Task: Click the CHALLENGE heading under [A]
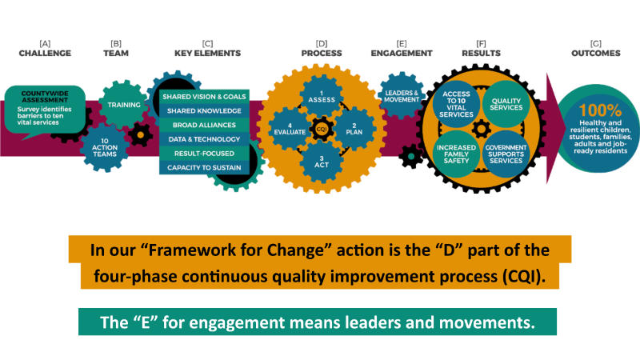point(45,53)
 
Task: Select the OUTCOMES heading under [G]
point(595,53)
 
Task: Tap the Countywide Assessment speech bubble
point(45,110)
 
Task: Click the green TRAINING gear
point(123,105)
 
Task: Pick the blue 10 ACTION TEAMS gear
point(105,147)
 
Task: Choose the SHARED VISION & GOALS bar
point(204,97)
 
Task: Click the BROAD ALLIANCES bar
point(204,125)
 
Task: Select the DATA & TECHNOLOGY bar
point(204,139)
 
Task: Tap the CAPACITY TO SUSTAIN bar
point(204,168)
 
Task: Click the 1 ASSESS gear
point(322,97)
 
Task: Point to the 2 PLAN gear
point(354,129)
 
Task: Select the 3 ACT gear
point(322,162)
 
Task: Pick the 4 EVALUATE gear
point(290,129)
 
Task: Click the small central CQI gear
point(322,129)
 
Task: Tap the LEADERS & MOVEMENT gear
point(402,96)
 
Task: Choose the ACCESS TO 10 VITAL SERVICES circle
point(456,104)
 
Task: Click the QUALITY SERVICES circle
point(506,104)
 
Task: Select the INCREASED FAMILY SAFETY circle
point(456,154)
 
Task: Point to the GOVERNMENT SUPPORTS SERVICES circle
point(506,154)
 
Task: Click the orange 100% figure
point(600,110)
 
